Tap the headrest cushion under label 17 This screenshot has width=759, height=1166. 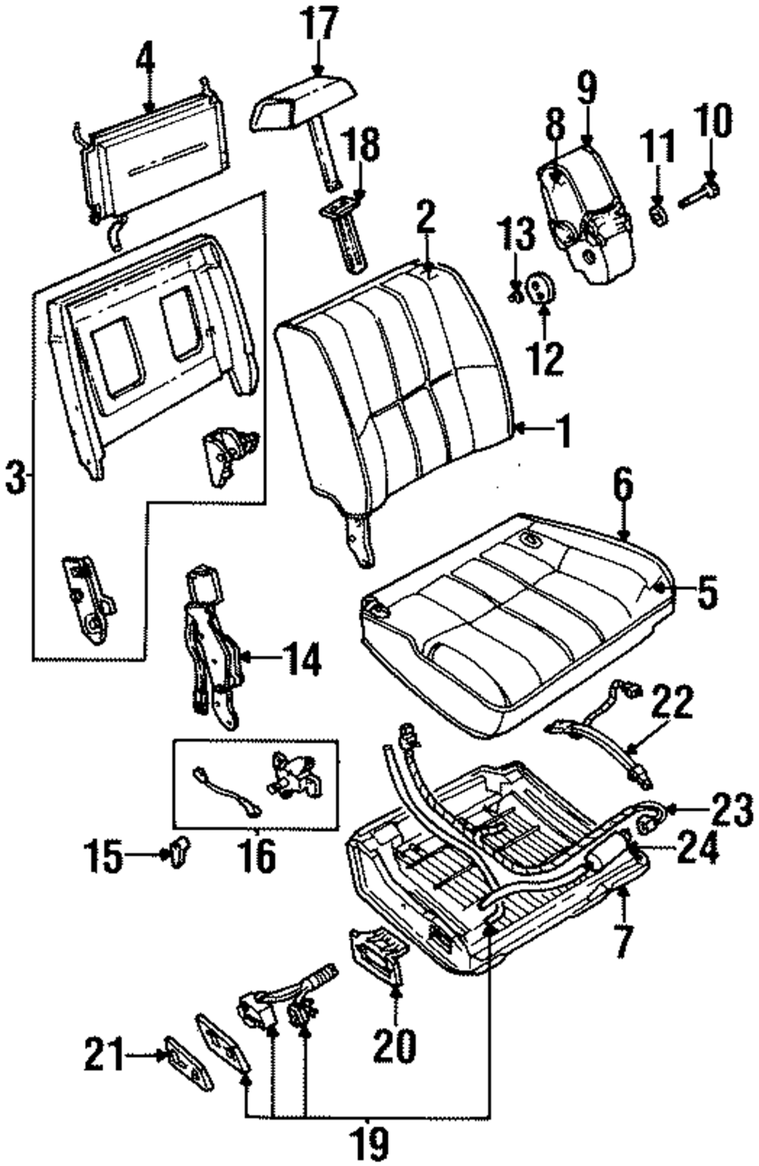[303, 102]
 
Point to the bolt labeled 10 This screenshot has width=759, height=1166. [699, 193]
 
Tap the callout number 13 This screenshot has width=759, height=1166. [515, 235]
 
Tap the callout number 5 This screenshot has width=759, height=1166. [707, 592]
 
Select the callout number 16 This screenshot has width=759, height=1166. [258, 854]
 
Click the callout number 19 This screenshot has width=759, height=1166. [368, 1144]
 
